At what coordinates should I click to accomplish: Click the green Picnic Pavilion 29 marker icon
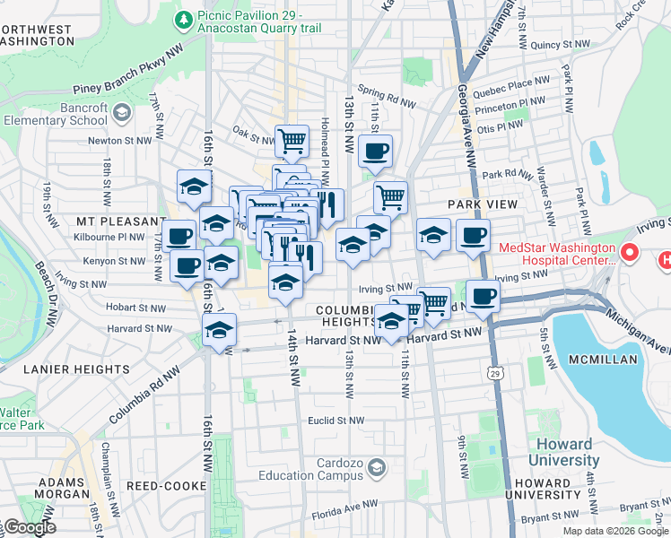pyautogui.click(x=184, y=19)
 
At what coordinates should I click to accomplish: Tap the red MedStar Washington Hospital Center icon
pyautogui.click(x=629, y=253)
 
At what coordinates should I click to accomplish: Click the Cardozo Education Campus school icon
pyautogui.click(x=376, y=467)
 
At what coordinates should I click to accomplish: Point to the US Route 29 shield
pyautogui.click(x=494, y=370)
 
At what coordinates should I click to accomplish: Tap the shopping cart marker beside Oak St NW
pyautogui.click(x=292, y=140)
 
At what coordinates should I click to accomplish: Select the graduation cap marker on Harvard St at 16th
pyautogui.click(x=219, y=329)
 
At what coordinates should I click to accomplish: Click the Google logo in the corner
pyautogui.click(x=30, y=528)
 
